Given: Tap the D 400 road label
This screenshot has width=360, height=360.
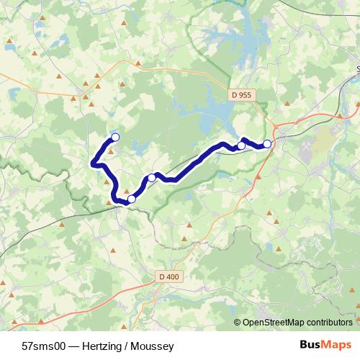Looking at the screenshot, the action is [x=167, y=276].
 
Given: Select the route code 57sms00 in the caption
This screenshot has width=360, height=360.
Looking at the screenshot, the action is [x=45, y=345].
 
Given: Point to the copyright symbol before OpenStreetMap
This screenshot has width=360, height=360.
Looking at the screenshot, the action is [x=238, y=323].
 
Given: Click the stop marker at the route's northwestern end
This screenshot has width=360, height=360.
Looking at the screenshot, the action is [x=114, y=138].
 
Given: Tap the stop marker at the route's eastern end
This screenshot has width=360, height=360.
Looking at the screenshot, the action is [x=267, y=144].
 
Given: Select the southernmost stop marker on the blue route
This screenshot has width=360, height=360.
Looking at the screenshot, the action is [x=131, y=199].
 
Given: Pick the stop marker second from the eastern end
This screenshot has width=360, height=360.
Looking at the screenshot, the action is [x=241, y=146].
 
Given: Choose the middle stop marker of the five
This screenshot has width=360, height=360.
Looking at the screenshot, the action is [x=152, y=178].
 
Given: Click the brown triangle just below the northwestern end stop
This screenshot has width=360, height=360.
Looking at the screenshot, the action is [x=111, y=150].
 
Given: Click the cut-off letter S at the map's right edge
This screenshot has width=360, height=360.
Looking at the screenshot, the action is [x=358, y=70].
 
